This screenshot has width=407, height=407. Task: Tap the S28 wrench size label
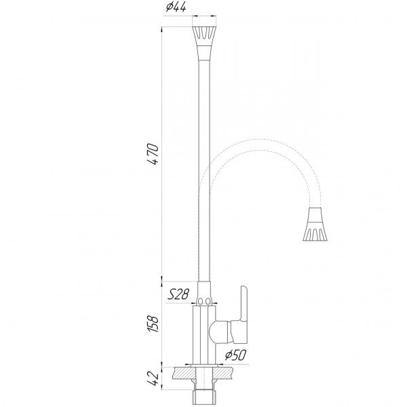[178, 294]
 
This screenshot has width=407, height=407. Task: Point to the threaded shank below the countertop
[204, 393]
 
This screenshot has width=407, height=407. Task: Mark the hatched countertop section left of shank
[182, 373]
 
